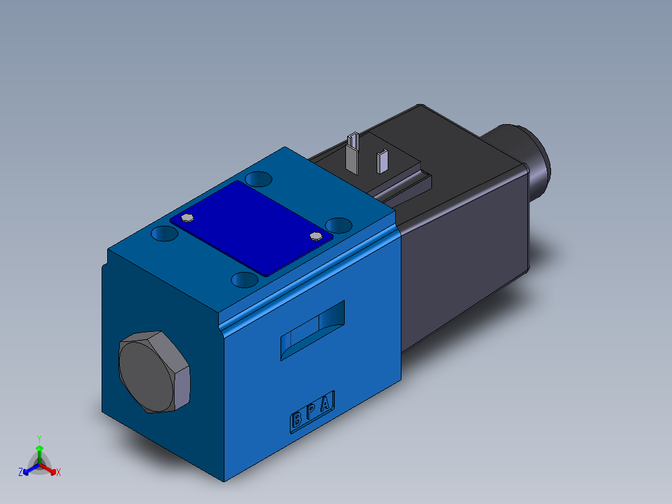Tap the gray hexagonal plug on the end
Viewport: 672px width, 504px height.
point(153,372)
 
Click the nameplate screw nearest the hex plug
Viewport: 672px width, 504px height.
point(188,218)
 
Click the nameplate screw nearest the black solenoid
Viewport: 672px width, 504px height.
point(316,236)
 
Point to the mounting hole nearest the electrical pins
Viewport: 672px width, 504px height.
point(258,180)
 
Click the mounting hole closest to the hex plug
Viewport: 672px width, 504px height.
point(165,234)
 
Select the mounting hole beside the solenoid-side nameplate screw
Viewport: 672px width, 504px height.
point(339,224)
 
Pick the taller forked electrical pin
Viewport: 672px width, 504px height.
point(353,152)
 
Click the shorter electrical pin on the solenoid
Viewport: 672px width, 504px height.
point(382,160)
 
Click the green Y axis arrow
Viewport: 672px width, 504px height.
point(39,450)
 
